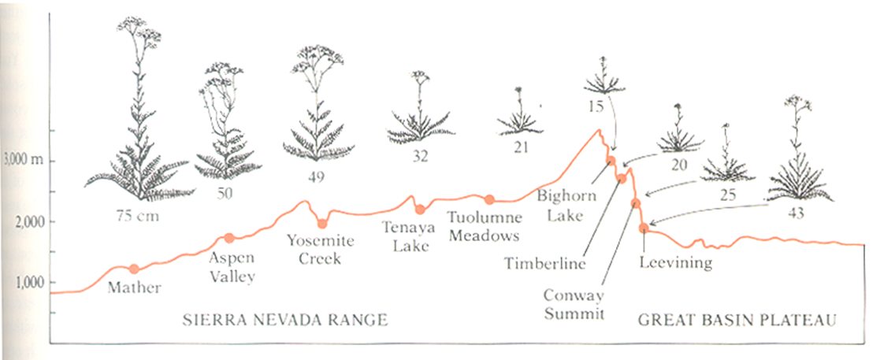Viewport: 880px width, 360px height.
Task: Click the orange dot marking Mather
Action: tap(134, 269)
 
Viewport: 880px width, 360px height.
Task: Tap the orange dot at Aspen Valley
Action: tap(228, 238)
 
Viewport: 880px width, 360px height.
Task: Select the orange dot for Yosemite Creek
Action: tap(322, 224)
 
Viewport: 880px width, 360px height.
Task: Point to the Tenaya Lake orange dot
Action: tap(420, 210)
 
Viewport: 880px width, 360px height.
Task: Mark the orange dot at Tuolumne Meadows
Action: tap(489, 199)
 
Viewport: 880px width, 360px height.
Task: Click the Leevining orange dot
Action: tap(644, 228)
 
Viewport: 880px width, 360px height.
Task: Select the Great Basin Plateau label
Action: tap(736, 320)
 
